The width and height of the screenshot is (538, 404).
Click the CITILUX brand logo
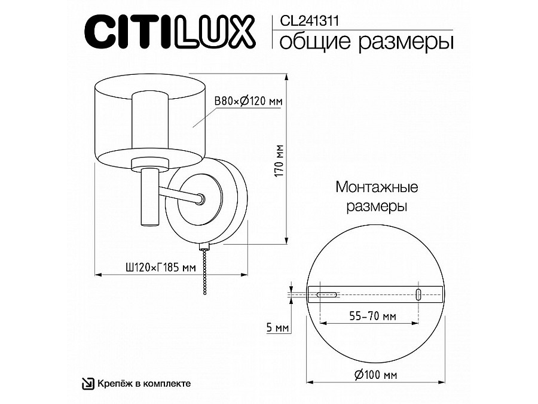pos(170,32)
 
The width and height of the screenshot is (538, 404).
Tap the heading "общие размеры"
pos(366,42)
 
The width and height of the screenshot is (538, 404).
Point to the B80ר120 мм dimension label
pos(248,101)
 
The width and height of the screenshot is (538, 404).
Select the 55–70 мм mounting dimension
pos(372,315)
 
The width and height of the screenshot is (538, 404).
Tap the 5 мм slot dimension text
pos(277,327)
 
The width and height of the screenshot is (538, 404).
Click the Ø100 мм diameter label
pos(375,375)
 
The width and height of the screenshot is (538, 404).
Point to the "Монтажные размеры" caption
pos(377,196)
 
